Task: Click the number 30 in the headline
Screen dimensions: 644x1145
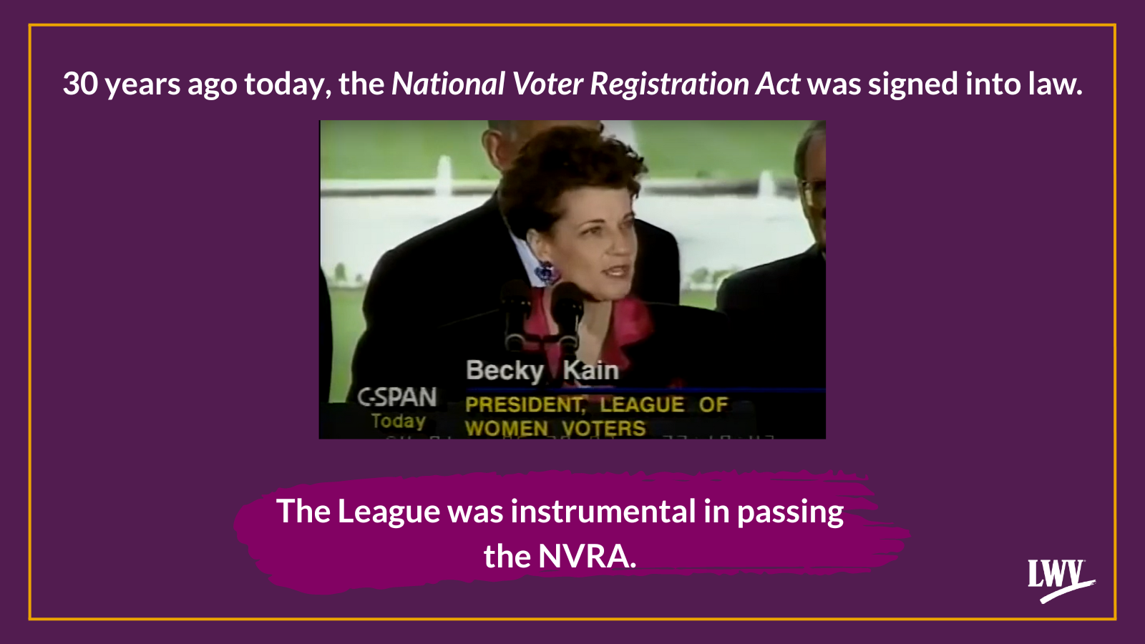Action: coord(79,84)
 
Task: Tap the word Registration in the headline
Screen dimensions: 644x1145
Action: coord(669,84)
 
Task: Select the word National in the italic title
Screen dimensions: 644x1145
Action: coord(448,84)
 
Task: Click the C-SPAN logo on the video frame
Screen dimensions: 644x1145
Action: coord(397,397)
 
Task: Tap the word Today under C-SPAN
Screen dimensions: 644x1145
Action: coord(398,421)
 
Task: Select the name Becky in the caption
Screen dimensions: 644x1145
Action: coord(505,371)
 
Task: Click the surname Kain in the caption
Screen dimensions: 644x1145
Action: coord(590,371)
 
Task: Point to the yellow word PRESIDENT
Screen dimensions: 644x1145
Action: coord(525,405)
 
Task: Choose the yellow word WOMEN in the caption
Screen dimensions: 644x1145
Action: coord(507,429)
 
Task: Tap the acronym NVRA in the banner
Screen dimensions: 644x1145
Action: coord(586,557)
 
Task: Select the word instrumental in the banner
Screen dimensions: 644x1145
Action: coord(603,512)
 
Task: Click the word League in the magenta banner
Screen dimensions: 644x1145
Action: coord(389,512)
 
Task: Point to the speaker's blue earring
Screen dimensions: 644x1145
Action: coord(545,272)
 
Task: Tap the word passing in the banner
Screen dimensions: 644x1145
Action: coord(790,512)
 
